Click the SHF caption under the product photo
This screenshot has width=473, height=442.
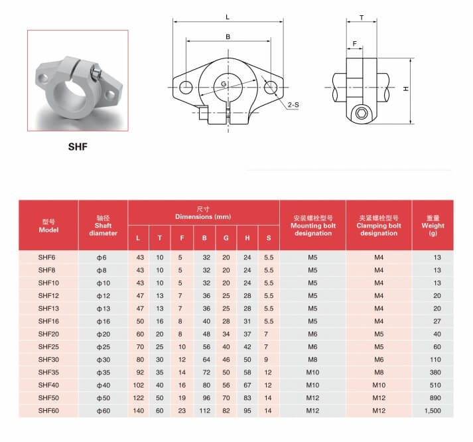78,147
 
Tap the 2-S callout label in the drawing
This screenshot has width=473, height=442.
293,105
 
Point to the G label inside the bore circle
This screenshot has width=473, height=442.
224,84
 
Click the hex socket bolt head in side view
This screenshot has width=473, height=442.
362,113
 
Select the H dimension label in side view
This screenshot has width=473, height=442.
407,89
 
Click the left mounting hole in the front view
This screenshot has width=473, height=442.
186,88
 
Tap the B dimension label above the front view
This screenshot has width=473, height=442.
228,37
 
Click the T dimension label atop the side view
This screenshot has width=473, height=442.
362,18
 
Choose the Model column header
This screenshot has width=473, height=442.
48,226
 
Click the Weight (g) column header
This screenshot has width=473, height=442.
433,226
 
